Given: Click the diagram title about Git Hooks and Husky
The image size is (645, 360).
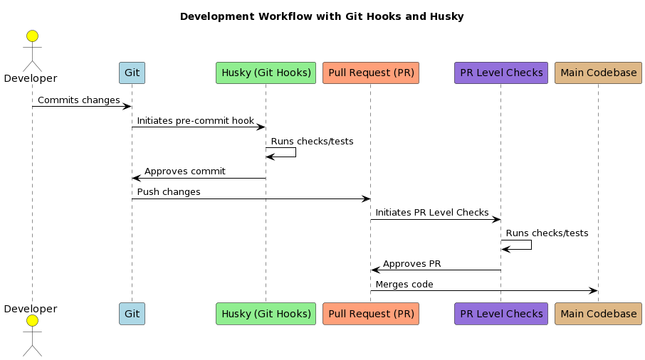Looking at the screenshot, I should [322, 16].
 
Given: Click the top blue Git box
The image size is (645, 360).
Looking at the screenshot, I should [132, 73].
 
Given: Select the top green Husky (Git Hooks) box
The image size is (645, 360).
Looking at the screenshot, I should [266, 73].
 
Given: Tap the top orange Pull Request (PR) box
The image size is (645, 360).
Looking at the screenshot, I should [371, 73].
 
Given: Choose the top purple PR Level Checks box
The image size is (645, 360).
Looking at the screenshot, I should [501, 73].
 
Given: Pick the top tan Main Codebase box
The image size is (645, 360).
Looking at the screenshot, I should [598, 73].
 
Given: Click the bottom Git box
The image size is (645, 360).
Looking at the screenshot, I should [132, 314].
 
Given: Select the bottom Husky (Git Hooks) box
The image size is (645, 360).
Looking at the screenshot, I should [266, 314].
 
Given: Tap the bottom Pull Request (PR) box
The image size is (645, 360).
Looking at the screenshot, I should [371, 314].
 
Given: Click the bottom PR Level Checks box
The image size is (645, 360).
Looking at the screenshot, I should [501, 314].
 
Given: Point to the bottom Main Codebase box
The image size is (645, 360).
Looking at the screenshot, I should [598, 314].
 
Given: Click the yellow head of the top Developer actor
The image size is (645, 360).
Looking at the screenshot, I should [32, 36].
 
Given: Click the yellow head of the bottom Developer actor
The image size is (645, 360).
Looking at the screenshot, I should [32, 322].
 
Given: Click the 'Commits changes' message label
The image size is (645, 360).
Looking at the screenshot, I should [78, 100].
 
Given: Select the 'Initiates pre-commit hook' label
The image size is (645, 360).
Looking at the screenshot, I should [195, 121].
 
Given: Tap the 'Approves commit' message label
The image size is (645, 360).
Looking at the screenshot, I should [184, 171].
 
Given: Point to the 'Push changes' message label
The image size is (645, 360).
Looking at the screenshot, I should [169, 192].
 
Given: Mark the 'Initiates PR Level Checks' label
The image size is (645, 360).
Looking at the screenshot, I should [431, 213].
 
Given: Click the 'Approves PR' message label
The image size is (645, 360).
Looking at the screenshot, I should [411, 264].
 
